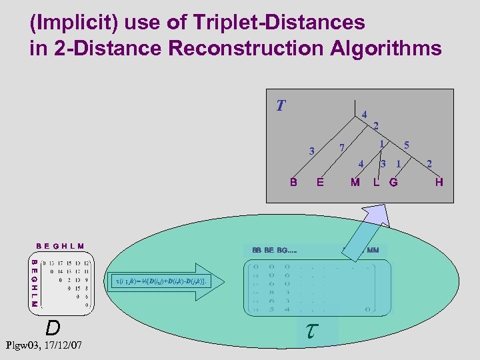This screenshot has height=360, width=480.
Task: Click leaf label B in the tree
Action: pyautogui.click(x=293, y=182)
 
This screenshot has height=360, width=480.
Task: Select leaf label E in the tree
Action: pyautogui.click(x=321, y=182)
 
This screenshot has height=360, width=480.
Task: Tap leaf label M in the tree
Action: pyautogui.click(x=355, y=182)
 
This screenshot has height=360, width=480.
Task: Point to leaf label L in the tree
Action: pyautogui.click(x=377, y=182)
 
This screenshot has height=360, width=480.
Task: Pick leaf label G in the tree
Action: pyautogui.click(x=393, y=182)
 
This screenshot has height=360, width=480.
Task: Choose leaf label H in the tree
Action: pyautogui.click(x=439, y=182)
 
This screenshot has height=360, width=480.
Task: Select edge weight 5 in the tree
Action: pyautogui.click(x=407, y=144)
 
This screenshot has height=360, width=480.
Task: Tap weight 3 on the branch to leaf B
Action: pyautogui.click(x=311, y=151)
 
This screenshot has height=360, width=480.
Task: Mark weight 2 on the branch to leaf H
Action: pyautogui.click(x=429, y=163)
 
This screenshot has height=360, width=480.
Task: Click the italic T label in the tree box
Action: pyautogui.click(x=281, y=105)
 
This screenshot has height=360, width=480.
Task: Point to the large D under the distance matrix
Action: pyautogui.click(x=53, y=327)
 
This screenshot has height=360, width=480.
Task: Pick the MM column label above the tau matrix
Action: pyautogui.click(x=373, y=250)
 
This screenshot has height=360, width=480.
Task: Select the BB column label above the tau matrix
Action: pyautogui.click(x=257, y=250)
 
